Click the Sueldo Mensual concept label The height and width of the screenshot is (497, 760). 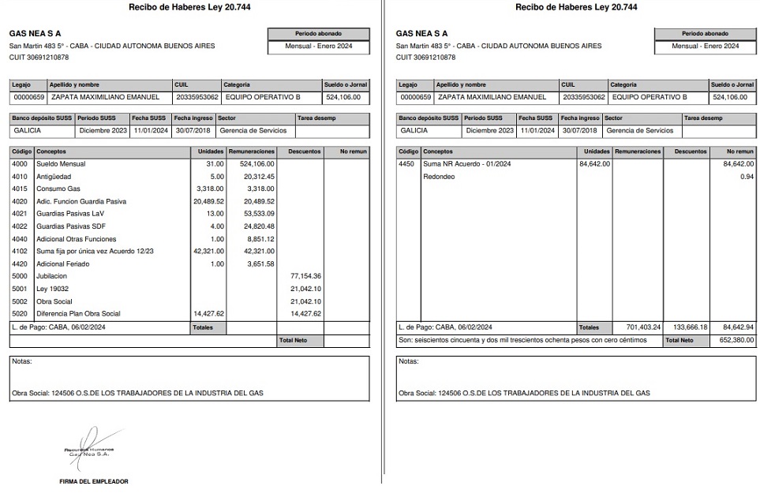point(61,164)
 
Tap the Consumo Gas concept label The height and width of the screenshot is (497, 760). point(58,189)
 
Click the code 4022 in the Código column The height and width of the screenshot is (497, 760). point(20,226)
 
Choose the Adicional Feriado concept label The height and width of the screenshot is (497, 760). point(63,263)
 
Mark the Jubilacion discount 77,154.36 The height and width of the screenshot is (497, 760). point(305,276)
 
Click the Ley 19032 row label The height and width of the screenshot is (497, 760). point(52,289)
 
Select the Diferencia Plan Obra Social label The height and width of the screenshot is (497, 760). point(78,313)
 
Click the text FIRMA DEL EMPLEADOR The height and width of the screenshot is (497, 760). point(93,481)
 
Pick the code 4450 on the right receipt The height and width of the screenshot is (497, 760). point(407,164)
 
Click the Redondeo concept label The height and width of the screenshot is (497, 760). point(439,177)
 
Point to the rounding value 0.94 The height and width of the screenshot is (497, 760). point(747,177)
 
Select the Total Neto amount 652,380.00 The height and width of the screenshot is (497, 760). point(737,340)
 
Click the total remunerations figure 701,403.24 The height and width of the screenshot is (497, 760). point(643,327)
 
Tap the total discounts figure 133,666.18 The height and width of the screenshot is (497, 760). point(691,327)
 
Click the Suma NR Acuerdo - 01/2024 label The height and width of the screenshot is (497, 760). point(467,164)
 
